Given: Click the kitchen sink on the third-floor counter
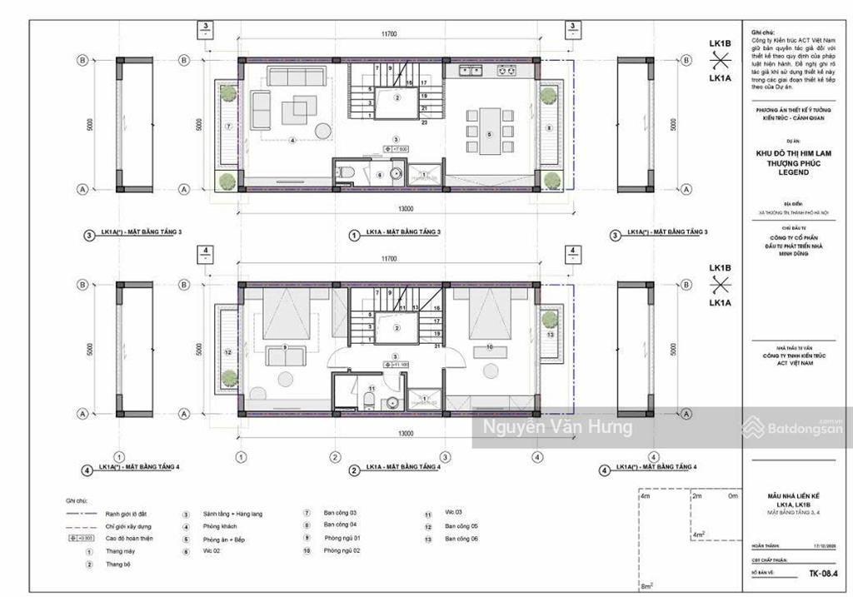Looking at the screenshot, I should [470, 72].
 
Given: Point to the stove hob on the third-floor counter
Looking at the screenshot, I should [506, 72].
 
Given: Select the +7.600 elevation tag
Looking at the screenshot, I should [396, 149].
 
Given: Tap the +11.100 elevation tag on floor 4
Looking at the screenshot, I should [396, 365].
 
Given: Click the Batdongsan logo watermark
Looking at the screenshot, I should [785, 427].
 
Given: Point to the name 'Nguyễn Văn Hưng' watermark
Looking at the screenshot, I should [553, 428].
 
